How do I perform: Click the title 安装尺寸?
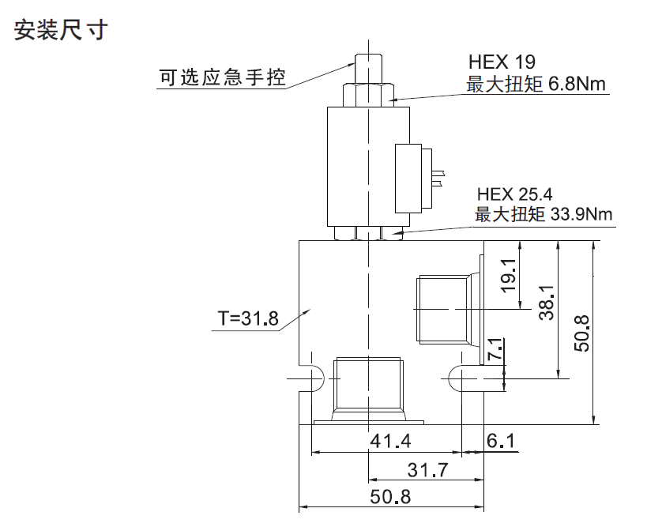(x=61, y=30)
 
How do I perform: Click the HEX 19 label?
(x=502, y=62)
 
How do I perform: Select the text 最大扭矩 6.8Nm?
(x=536, y=85)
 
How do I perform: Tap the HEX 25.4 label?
(x=514, y=194)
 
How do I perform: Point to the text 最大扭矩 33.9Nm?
(x=544, y=214)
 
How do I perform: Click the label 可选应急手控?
(x=223, y=77)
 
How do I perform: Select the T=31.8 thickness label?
(x=248, y=318)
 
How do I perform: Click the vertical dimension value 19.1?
(x=509, y=276)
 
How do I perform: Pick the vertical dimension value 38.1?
(x=547, y=303)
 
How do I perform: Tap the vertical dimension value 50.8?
(x=581, y=333)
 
